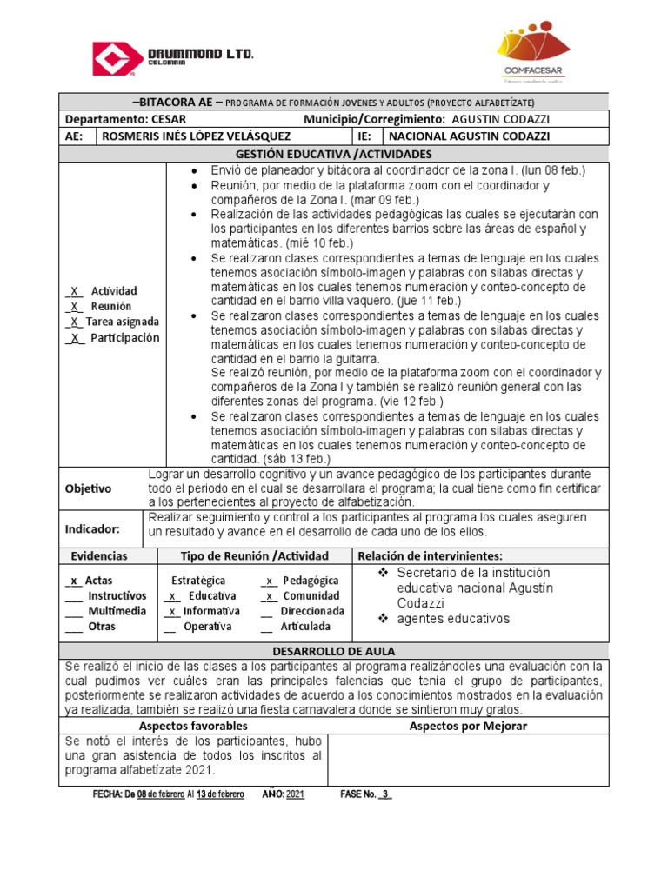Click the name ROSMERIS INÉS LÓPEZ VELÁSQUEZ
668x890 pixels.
click(x=197, y=136)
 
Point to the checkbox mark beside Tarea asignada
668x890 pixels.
click(x=76, y=322)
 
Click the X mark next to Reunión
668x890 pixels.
click(x=76, y=307)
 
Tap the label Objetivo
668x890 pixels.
click(x=89, y=488)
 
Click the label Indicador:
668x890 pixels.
click(x=92, y=528)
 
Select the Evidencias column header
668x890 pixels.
click(x=98, y=556)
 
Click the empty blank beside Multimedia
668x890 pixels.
click(x=73, y=612)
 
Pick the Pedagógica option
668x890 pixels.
click(x=311, y=581)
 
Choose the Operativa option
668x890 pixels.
click(x=207, y=627)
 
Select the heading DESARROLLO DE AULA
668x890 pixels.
click(x=334, y=651)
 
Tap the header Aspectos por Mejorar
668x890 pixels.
click(x=468, y=726)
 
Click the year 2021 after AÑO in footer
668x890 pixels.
click(x=295, y=794)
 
